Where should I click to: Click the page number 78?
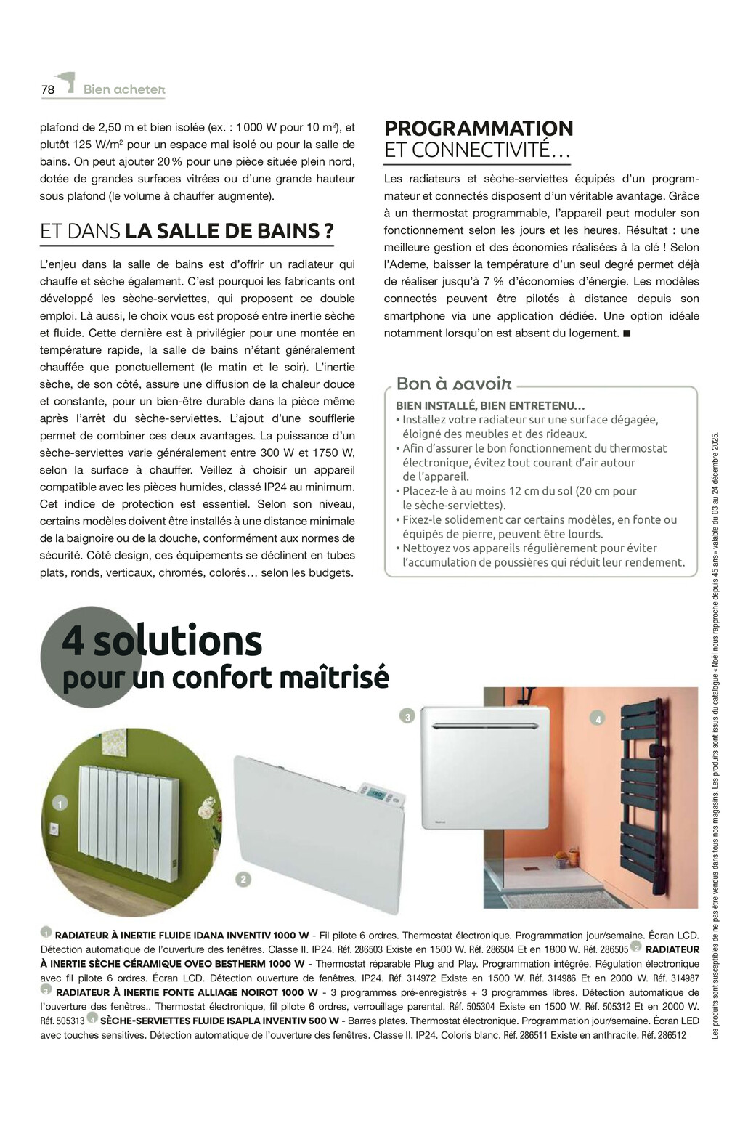pos(48,89)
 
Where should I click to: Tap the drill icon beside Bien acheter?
pos(66,82)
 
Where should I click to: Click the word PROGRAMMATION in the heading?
pos(479,129)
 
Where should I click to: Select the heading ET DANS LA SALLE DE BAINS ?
pos(187,231)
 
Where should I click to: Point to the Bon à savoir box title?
pos(454,384)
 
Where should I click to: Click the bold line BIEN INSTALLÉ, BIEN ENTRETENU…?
pos(490,406)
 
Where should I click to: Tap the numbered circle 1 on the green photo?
pos(59,803)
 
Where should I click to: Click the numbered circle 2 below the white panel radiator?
pos(243,879)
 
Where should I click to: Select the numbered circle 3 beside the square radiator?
pos(407,717)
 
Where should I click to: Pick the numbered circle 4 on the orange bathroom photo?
pos(598,719)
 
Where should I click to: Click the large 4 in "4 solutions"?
pos(73,641)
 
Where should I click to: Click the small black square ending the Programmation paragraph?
pos(627,333)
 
